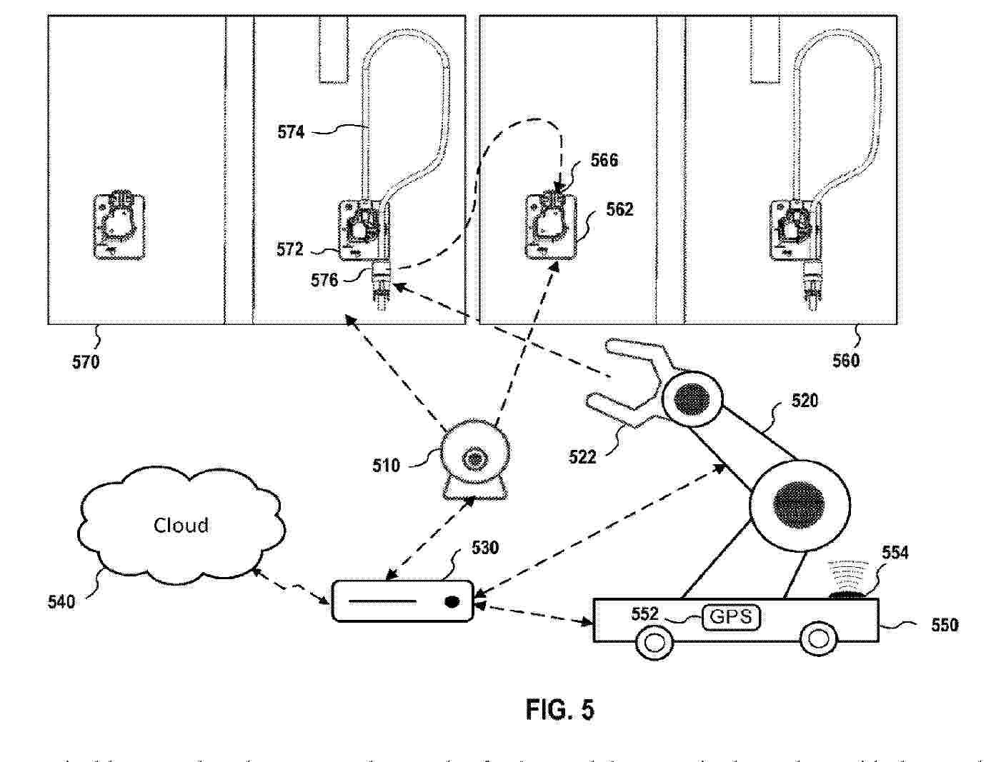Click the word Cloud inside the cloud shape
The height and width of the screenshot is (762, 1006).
click(181, 526)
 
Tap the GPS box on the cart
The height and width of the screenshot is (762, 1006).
click(732, 616)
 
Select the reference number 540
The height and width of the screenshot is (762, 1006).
click(61, 602)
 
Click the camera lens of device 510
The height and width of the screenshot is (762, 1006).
click(474, 458)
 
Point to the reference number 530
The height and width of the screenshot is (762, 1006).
click(485, 548)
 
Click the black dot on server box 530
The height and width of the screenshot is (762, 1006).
click(451, 601)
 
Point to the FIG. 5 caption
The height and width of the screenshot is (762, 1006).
click(560, 709)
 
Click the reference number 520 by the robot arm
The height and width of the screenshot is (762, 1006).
click(805, 401)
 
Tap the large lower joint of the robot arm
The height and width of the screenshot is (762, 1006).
click(799, 502)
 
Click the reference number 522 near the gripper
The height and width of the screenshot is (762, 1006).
click(582, 457)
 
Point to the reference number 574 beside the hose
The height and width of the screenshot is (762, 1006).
click(291, 132)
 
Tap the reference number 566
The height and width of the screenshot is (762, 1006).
click(604, 160)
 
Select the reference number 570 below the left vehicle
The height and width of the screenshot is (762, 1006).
click(86, 362)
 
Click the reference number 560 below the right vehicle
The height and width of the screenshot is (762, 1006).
click(846, 361)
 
